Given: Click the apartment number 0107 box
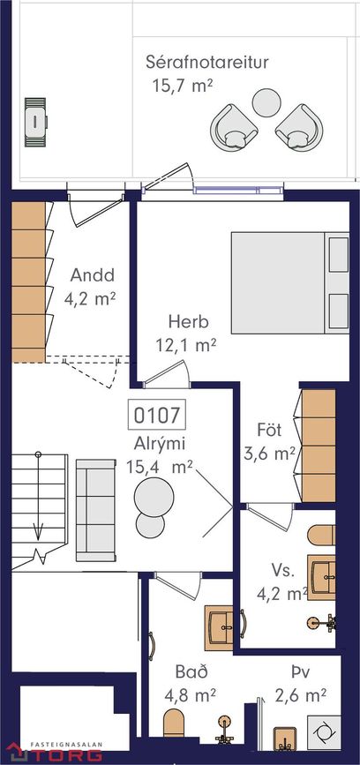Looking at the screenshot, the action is pos(156,414).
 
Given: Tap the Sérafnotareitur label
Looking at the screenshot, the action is pos(207,63).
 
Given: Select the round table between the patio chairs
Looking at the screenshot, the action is pos(266,102).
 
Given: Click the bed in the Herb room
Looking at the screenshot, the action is pos(289,283).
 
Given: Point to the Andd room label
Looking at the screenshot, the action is pos(92,275).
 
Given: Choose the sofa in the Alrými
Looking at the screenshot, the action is pos(96,510).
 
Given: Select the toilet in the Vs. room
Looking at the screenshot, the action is pos(321,535).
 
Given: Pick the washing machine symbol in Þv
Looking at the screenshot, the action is pos(324,733).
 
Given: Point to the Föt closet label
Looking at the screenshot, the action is pos(269,431).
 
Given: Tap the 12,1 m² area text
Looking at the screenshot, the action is pos(186,345).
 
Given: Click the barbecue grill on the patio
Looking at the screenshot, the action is pos(35,122).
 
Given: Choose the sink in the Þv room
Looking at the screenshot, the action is pos(285,739).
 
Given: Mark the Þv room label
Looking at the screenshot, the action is pos(300,672).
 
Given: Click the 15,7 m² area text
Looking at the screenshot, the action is pos(183,86).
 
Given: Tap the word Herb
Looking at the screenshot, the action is pos(188,322).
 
